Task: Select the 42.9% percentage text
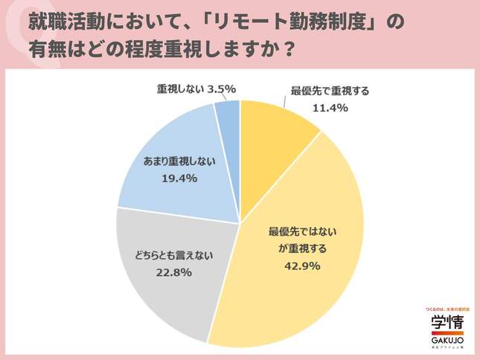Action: pyautogui.click(x=298, y=263)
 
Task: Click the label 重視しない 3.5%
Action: pyautogui.click(x=196, y=89)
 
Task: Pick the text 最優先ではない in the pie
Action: pyautogui.click(x=298, y=231)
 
